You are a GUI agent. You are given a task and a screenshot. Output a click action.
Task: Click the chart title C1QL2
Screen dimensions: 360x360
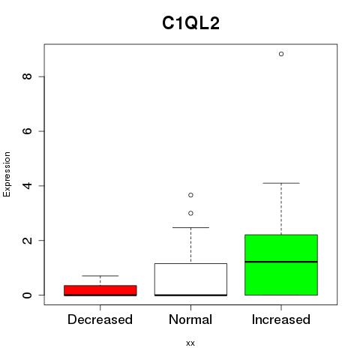click(x=190, y=23)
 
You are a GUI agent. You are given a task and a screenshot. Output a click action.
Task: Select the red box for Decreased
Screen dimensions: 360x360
click(x=100, y=290)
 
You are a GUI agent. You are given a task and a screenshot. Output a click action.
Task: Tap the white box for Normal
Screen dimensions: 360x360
click(x=190, y=280)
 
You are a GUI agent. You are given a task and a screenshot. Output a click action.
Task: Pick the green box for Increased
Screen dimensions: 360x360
click(x=281, y=265)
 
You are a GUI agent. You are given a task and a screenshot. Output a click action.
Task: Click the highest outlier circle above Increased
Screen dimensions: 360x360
click(x=281, y=54)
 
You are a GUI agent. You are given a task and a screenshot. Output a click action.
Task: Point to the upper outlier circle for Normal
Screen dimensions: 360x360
click(x=190, y=195)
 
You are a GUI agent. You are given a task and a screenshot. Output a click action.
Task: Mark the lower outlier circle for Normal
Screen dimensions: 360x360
click(x=190, y=213)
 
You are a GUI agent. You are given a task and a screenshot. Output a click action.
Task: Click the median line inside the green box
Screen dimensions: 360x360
click(x=281, y=262)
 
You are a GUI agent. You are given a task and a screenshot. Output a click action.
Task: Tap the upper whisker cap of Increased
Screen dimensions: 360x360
click(x=281, y=183)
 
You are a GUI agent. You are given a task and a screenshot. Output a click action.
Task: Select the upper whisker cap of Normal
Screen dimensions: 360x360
click(x=190, y=227)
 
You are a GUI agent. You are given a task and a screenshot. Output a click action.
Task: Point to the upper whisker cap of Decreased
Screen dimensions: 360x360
click(x=100, y=276)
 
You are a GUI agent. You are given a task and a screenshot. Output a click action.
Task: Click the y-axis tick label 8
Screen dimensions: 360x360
click(x=27, y=76)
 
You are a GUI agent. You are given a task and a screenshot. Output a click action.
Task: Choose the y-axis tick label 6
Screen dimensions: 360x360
click(x=27, y=131)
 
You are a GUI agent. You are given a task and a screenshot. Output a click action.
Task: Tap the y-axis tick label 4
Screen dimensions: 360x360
click(x=27, y=185)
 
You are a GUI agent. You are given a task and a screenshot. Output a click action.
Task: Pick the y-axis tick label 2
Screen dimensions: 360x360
click(x=27, y=240)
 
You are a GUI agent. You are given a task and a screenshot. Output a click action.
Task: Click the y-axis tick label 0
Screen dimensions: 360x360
click(x=27, y=295)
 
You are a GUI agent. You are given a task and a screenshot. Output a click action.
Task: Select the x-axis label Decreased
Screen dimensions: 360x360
click(x=100, y=319)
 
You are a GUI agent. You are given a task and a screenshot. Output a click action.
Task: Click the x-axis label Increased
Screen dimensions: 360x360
click(x=281, y=319)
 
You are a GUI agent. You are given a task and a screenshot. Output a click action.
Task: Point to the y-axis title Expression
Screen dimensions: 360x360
click(x=7, y=174)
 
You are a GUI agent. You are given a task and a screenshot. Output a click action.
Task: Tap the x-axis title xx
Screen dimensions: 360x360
click(x=190, y=343)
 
